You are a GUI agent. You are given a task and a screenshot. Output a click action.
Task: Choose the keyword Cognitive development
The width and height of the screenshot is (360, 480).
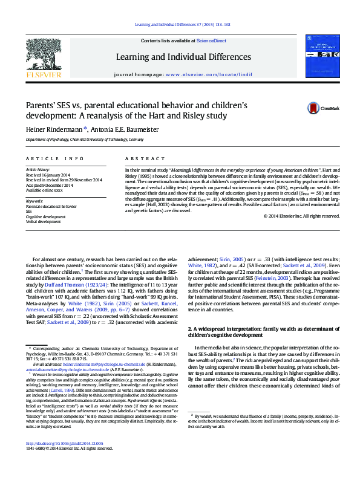[45, 216]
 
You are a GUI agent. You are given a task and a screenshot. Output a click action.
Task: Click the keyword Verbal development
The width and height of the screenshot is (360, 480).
[42, 221]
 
